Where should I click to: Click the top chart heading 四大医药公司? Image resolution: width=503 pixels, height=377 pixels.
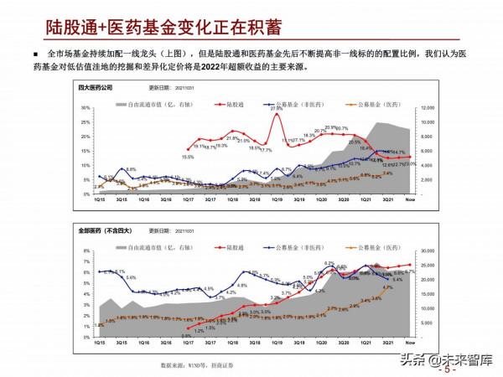pyautogui.click(x=94, y=85)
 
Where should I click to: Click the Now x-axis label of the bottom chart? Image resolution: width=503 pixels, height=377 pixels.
pyautogui.click(x=410, y=343)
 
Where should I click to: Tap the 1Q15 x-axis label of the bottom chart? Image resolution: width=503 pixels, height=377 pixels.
pyautogui.click(x=100, y=343)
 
